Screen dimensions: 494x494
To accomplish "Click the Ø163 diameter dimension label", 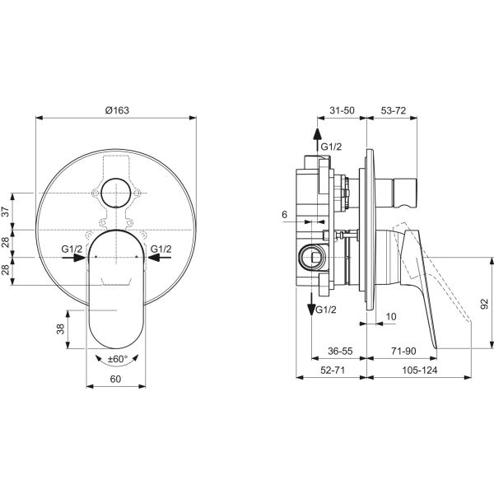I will click(116, 110).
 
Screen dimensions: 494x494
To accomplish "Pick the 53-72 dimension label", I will click(393, 110).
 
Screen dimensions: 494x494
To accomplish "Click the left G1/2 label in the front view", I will click(72, 249).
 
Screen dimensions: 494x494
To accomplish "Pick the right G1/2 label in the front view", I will click(161, 249).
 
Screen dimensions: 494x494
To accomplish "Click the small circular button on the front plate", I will click(116, 194).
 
